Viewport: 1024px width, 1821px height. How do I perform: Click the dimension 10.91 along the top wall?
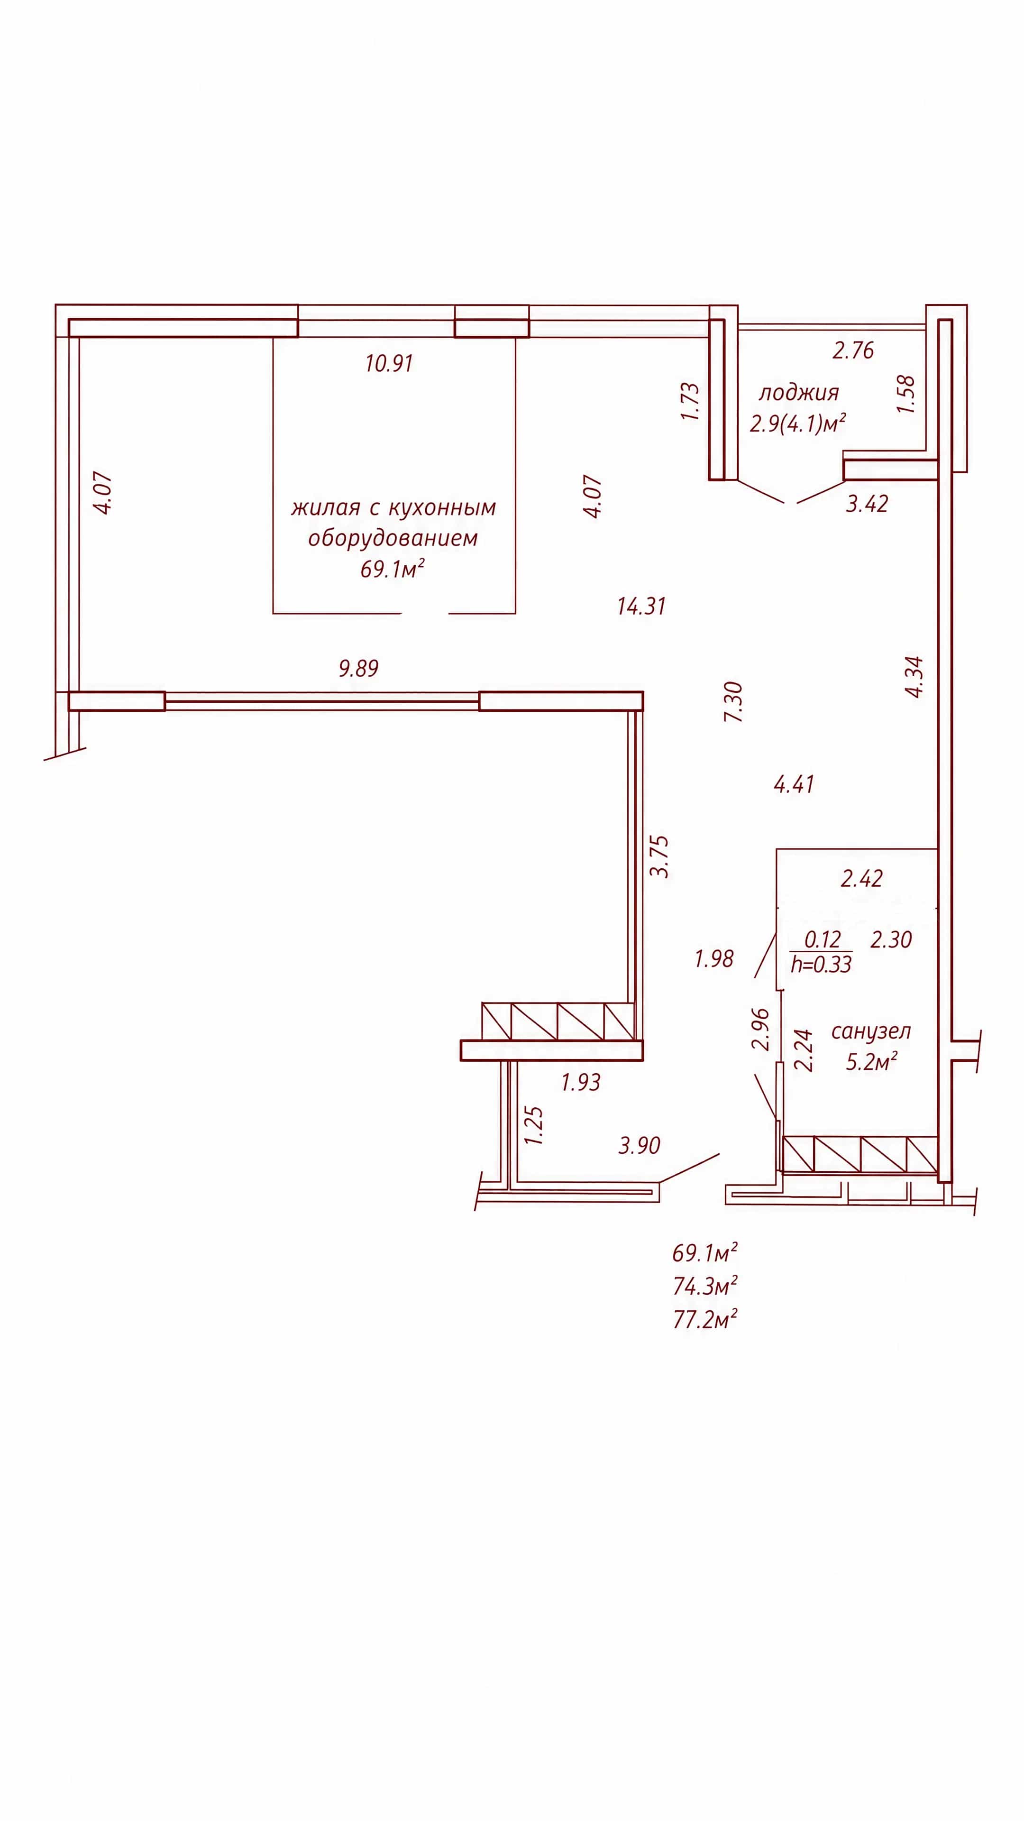click(389, 363)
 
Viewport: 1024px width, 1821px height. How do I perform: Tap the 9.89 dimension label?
click(358, 668)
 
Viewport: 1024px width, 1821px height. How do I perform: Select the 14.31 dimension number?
click(641, 606)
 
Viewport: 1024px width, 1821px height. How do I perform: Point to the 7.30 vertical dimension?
click(733, 701)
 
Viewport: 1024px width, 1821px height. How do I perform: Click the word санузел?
click(871, 1031)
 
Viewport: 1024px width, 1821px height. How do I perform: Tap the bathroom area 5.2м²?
click(871, 1062)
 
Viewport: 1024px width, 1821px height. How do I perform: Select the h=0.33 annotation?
click(821, 964)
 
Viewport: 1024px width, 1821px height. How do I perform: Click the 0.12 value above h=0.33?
click(823, 939)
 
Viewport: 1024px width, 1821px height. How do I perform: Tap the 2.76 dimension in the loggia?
click(853, 350)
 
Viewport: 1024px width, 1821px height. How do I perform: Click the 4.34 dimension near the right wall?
click(914, 677)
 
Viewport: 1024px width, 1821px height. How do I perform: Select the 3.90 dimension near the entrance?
click(639, 1145)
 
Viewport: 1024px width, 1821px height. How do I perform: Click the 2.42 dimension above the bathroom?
click(861, 879)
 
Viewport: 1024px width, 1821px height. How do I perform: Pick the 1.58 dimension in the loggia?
click(905, 395)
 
